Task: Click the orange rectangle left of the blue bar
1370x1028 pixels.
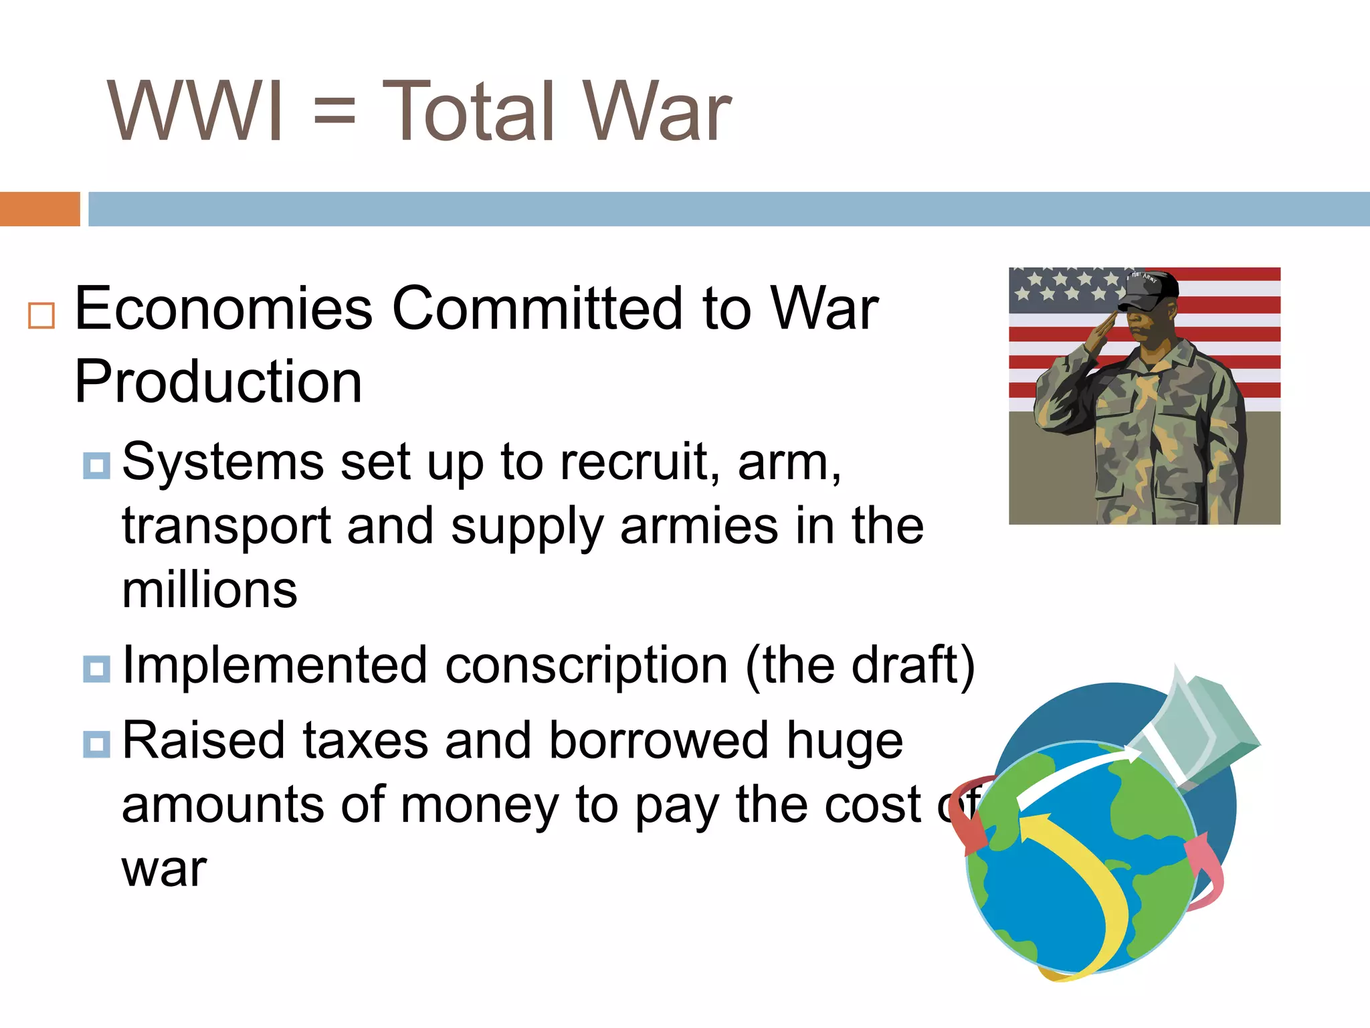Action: [39, 209]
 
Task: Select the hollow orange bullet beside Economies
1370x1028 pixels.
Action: [41, 315]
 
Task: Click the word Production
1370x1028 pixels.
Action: [218, 381]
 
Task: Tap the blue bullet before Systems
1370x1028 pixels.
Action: [97, 466]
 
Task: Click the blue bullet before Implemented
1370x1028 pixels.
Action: [97, 669]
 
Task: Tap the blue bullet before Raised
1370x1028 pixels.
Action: [97, 744]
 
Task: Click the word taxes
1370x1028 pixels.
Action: [365, 741]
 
